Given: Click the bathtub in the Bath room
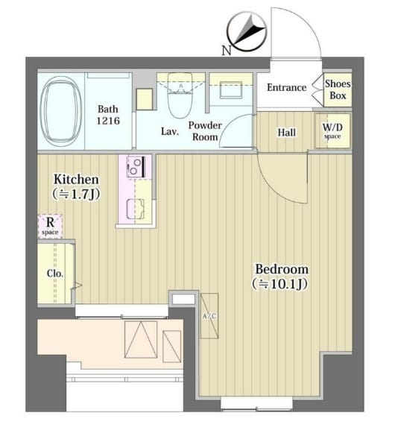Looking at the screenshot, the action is point(60,111).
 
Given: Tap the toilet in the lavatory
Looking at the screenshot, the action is point(180,95).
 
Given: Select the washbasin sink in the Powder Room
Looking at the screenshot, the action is point(231,89).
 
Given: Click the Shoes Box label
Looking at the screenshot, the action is point(338,89).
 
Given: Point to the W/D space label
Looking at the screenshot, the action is point(332,130).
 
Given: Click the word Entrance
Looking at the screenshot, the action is point(287,88).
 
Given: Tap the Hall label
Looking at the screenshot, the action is point(287,133).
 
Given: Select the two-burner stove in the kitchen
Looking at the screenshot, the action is point(136,167).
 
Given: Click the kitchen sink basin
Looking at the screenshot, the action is point(136,209).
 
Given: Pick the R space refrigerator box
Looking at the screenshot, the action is point(50,227).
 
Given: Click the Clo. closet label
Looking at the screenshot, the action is point(55,274).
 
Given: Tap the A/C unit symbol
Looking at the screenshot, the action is point(209,316).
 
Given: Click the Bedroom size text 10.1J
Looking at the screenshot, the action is point(280,284).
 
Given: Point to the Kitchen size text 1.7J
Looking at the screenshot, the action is point(77,194).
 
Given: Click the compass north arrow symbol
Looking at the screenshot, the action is point(247,31).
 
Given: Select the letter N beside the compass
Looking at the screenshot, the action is point(227,51).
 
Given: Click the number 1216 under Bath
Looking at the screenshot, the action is point(108,121).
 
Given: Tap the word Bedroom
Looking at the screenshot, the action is point(282,269).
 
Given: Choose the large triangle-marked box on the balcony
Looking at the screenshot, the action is point(141,340).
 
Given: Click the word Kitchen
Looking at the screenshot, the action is point(76,180).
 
